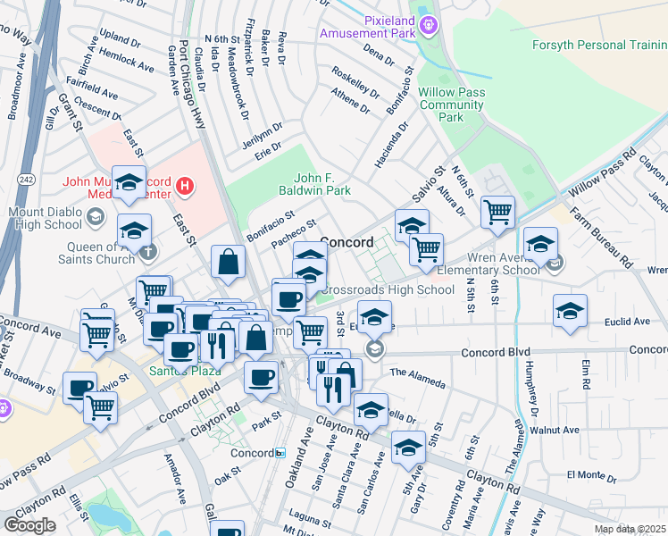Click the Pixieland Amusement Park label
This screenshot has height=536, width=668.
tap(369, 27)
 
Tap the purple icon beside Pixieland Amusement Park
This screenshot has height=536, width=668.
tap(430, 24)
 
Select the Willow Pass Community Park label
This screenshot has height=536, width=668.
tap(453, 105)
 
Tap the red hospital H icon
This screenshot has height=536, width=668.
tap(184, 186)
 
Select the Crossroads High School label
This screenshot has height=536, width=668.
tap(386, 289)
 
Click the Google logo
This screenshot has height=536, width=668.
tap(29, 524)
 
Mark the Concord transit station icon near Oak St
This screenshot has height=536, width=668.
tap(279, 453)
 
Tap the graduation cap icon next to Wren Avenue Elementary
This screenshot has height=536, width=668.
tap(539, 242)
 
